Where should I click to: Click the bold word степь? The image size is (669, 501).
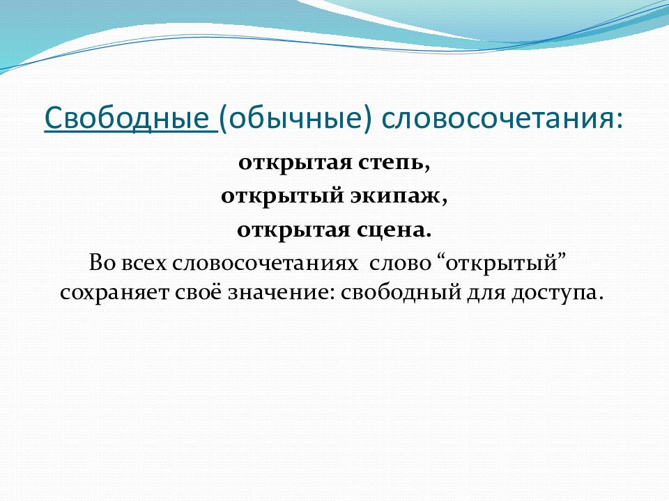pos(393,163)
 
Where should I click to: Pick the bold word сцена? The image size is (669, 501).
pos(393,231)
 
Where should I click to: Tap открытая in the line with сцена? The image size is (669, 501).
pos(293,231)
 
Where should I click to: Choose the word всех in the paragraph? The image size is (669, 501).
pos(144,263)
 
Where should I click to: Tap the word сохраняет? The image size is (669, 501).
pos(114,294)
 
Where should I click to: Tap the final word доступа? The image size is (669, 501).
pos(557,294)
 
